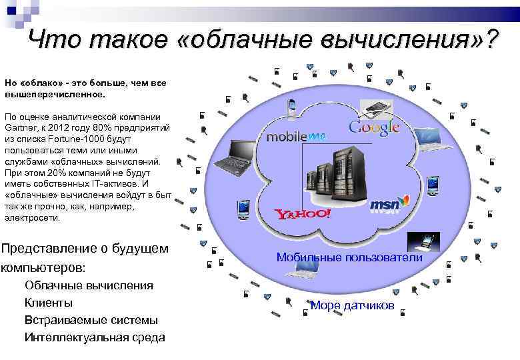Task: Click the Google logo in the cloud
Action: tap(374, 127)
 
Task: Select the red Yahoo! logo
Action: tap(303, 214)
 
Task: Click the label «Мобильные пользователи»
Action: tap(349, 257)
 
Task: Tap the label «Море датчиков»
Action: tap(353, 306)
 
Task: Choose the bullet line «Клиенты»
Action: tap(49, 303)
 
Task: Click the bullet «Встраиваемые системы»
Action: tap(91, 320)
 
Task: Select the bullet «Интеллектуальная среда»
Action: tap(95, 337)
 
